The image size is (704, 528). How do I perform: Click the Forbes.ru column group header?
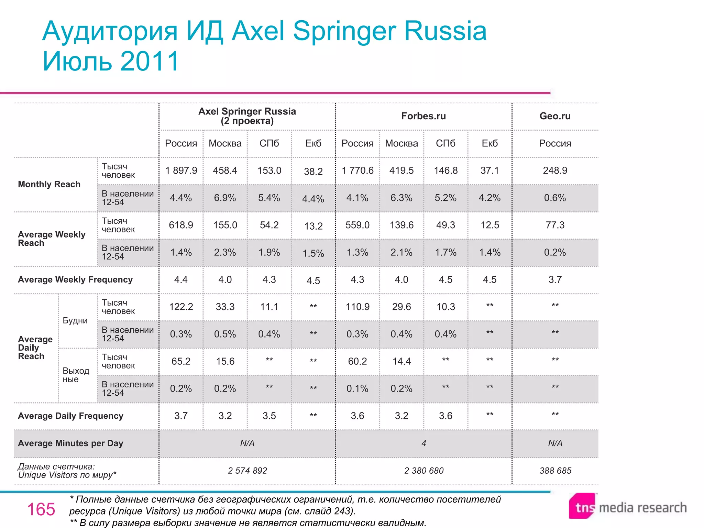(x=423, y=116)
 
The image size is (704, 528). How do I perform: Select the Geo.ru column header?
(x=555, y=116)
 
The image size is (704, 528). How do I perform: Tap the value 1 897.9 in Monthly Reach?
(x=181, y=170)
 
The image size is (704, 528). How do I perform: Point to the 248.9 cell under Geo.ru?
(x=555, y=170)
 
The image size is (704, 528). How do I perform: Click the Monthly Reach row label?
(x=49, y=184)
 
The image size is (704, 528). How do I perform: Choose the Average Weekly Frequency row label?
(x=75, y=279)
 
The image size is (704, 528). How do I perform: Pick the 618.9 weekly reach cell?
(x=181, y=225)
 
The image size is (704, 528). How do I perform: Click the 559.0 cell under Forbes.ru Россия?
(x=357, y=225)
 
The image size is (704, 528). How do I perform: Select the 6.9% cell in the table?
(x=225, y=198)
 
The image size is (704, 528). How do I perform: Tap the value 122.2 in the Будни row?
(x=181, y=307)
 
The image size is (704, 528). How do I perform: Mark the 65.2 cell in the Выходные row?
(x=181, y=361)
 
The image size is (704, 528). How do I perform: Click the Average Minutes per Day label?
(x=70, y=443)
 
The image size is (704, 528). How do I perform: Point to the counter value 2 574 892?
(x=247, y=471)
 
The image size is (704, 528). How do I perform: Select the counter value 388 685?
(x=555, y=471)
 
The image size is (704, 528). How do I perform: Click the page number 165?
(x=41, y=509)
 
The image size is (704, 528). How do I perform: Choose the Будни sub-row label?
(x=75, y=320)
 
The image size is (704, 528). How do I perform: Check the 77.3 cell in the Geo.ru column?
(x=555, y=225)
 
